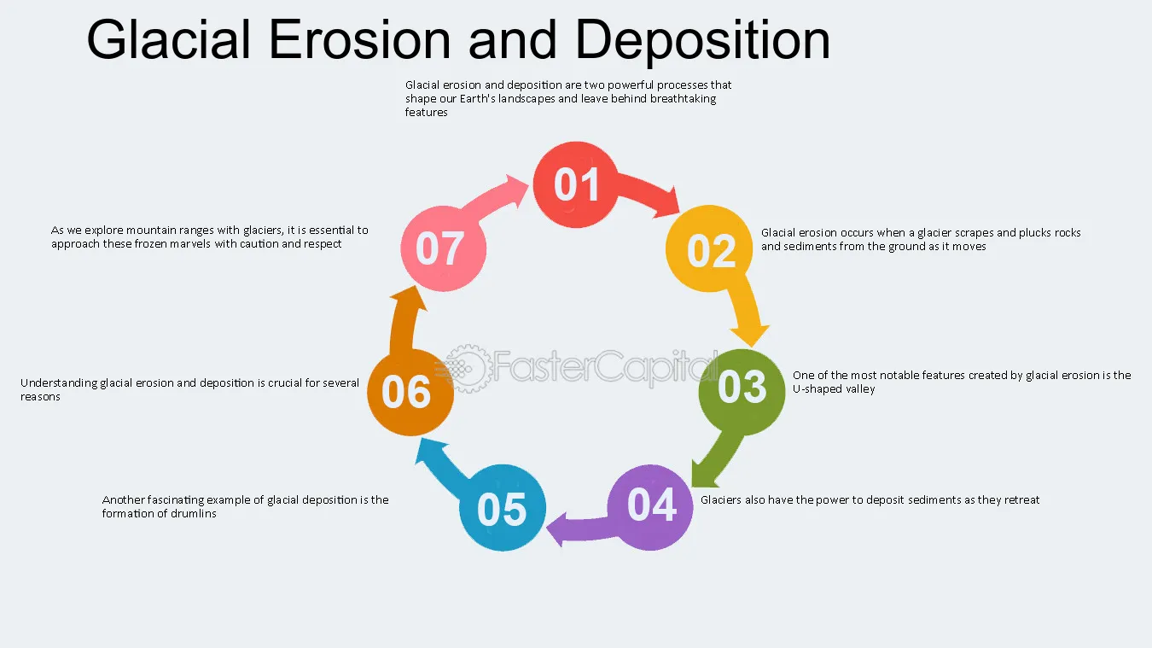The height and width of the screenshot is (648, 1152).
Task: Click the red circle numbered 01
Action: point(575,184)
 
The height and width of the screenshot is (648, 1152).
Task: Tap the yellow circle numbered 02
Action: point(709,248)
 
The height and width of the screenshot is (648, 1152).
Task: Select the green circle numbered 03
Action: point(742,392)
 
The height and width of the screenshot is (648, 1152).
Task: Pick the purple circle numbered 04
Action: point(650,507)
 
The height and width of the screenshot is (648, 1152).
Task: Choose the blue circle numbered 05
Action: point(503,507)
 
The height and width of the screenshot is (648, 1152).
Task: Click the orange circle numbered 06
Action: point(410,393)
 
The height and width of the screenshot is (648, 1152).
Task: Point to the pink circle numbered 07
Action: point(444,248)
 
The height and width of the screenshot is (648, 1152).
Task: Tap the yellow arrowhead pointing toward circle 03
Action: point(750,335)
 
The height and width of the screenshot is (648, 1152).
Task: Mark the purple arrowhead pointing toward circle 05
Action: point(557,529)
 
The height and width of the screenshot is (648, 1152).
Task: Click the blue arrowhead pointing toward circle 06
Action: point(429,452)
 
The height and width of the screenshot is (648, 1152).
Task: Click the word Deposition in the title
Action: point(702,40)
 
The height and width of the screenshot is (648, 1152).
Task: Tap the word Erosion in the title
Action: point(359,39)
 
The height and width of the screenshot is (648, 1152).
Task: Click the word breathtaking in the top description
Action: point(683,98)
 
